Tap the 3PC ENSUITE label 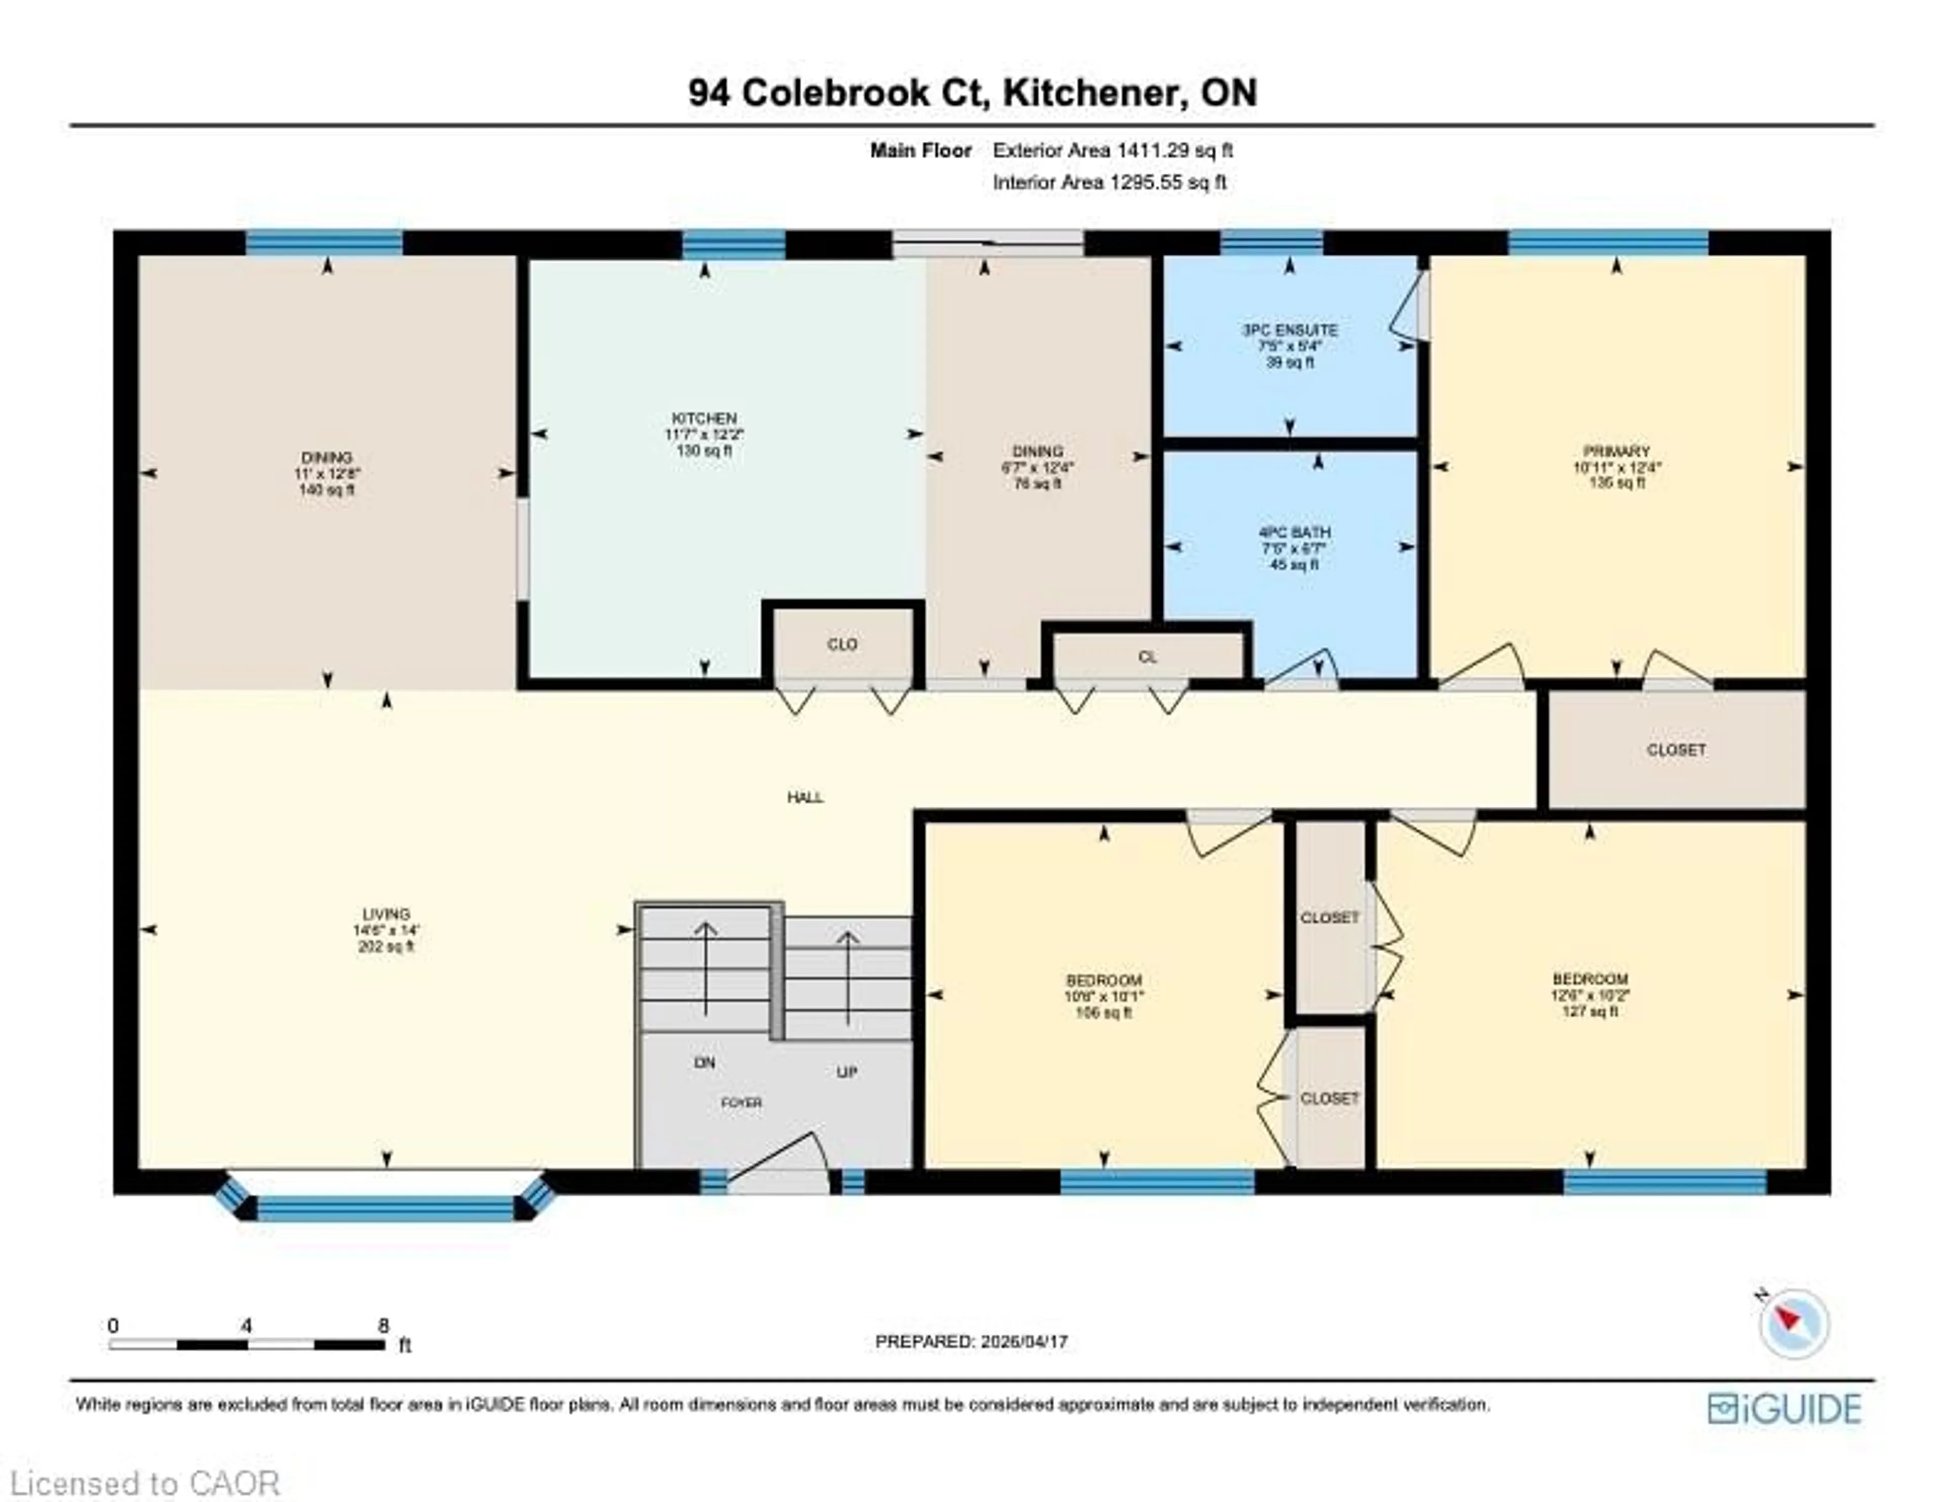coord(1290,330)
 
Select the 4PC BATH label coord(1293,533)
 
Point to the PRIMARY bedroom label coord(1616,452)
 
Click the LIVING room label coord(385,913)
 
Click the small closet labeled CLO coord(842,644)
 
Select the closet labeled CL coord(1147,657)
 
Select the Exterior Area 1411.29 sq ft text coord(1113,150)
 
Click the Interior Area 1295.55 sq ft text coord(1109,183)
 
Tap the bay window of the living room coord(385,1207)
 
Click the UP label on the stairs coord(846,1072)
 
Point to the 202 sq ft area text coord(385,947)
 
